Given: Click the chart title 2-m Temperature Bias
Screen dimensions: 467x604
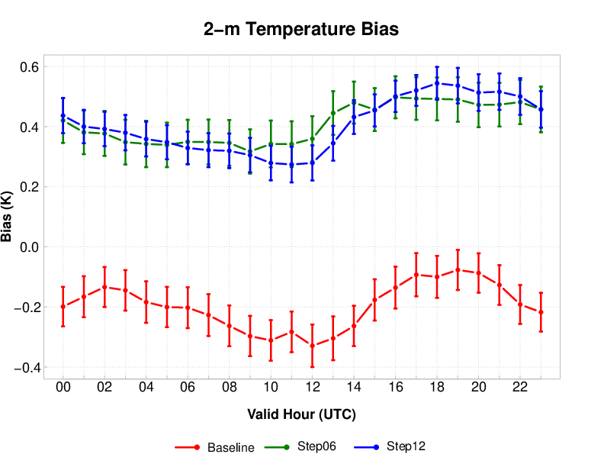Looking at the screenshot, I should click(301, 30).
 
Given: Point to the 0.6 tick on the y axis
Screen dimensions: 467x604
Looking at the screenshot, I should click(29, 67).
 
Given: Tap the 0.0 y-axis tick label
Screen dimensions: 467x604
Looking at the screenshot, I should click(29, 247).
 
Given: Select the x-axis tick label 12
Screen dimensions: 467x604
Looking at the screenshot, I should click(312, 388).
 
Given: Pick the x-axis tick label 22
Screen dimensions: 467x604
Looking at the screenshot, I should click(520, 388).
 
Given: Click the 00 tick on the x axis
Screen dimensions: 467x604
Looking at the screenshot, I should click(63, 388).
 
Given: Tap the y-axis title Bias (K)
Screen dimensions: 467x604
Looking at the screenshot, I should click(8, 217).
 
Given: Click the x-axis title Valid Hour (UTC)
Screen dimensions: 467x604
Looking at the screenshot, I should click(301, 414).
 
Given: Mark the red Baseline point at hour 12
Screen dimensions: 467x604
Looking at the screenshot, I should click(312, 346).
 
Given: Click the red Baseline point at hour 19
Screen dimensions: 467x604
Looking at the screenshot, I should click(458, 269).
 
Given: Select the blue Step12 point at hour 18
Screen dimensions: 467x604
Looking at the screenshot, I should click(437, 83).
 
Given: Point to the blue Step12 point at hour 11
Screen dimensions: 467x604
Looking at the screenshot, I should click(291, 165).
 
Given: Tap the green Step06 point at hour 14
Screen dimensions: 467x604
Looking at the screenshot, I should click(354, 102).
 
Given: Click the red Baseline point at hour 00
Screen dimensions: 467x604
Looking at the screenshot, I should click(63, 306).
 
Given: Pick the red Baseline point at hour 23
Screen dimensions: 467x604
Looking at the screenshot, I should click(541, 312).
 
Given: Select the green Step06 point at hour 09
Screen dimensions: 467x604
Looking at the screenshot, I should click(250, 151).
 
